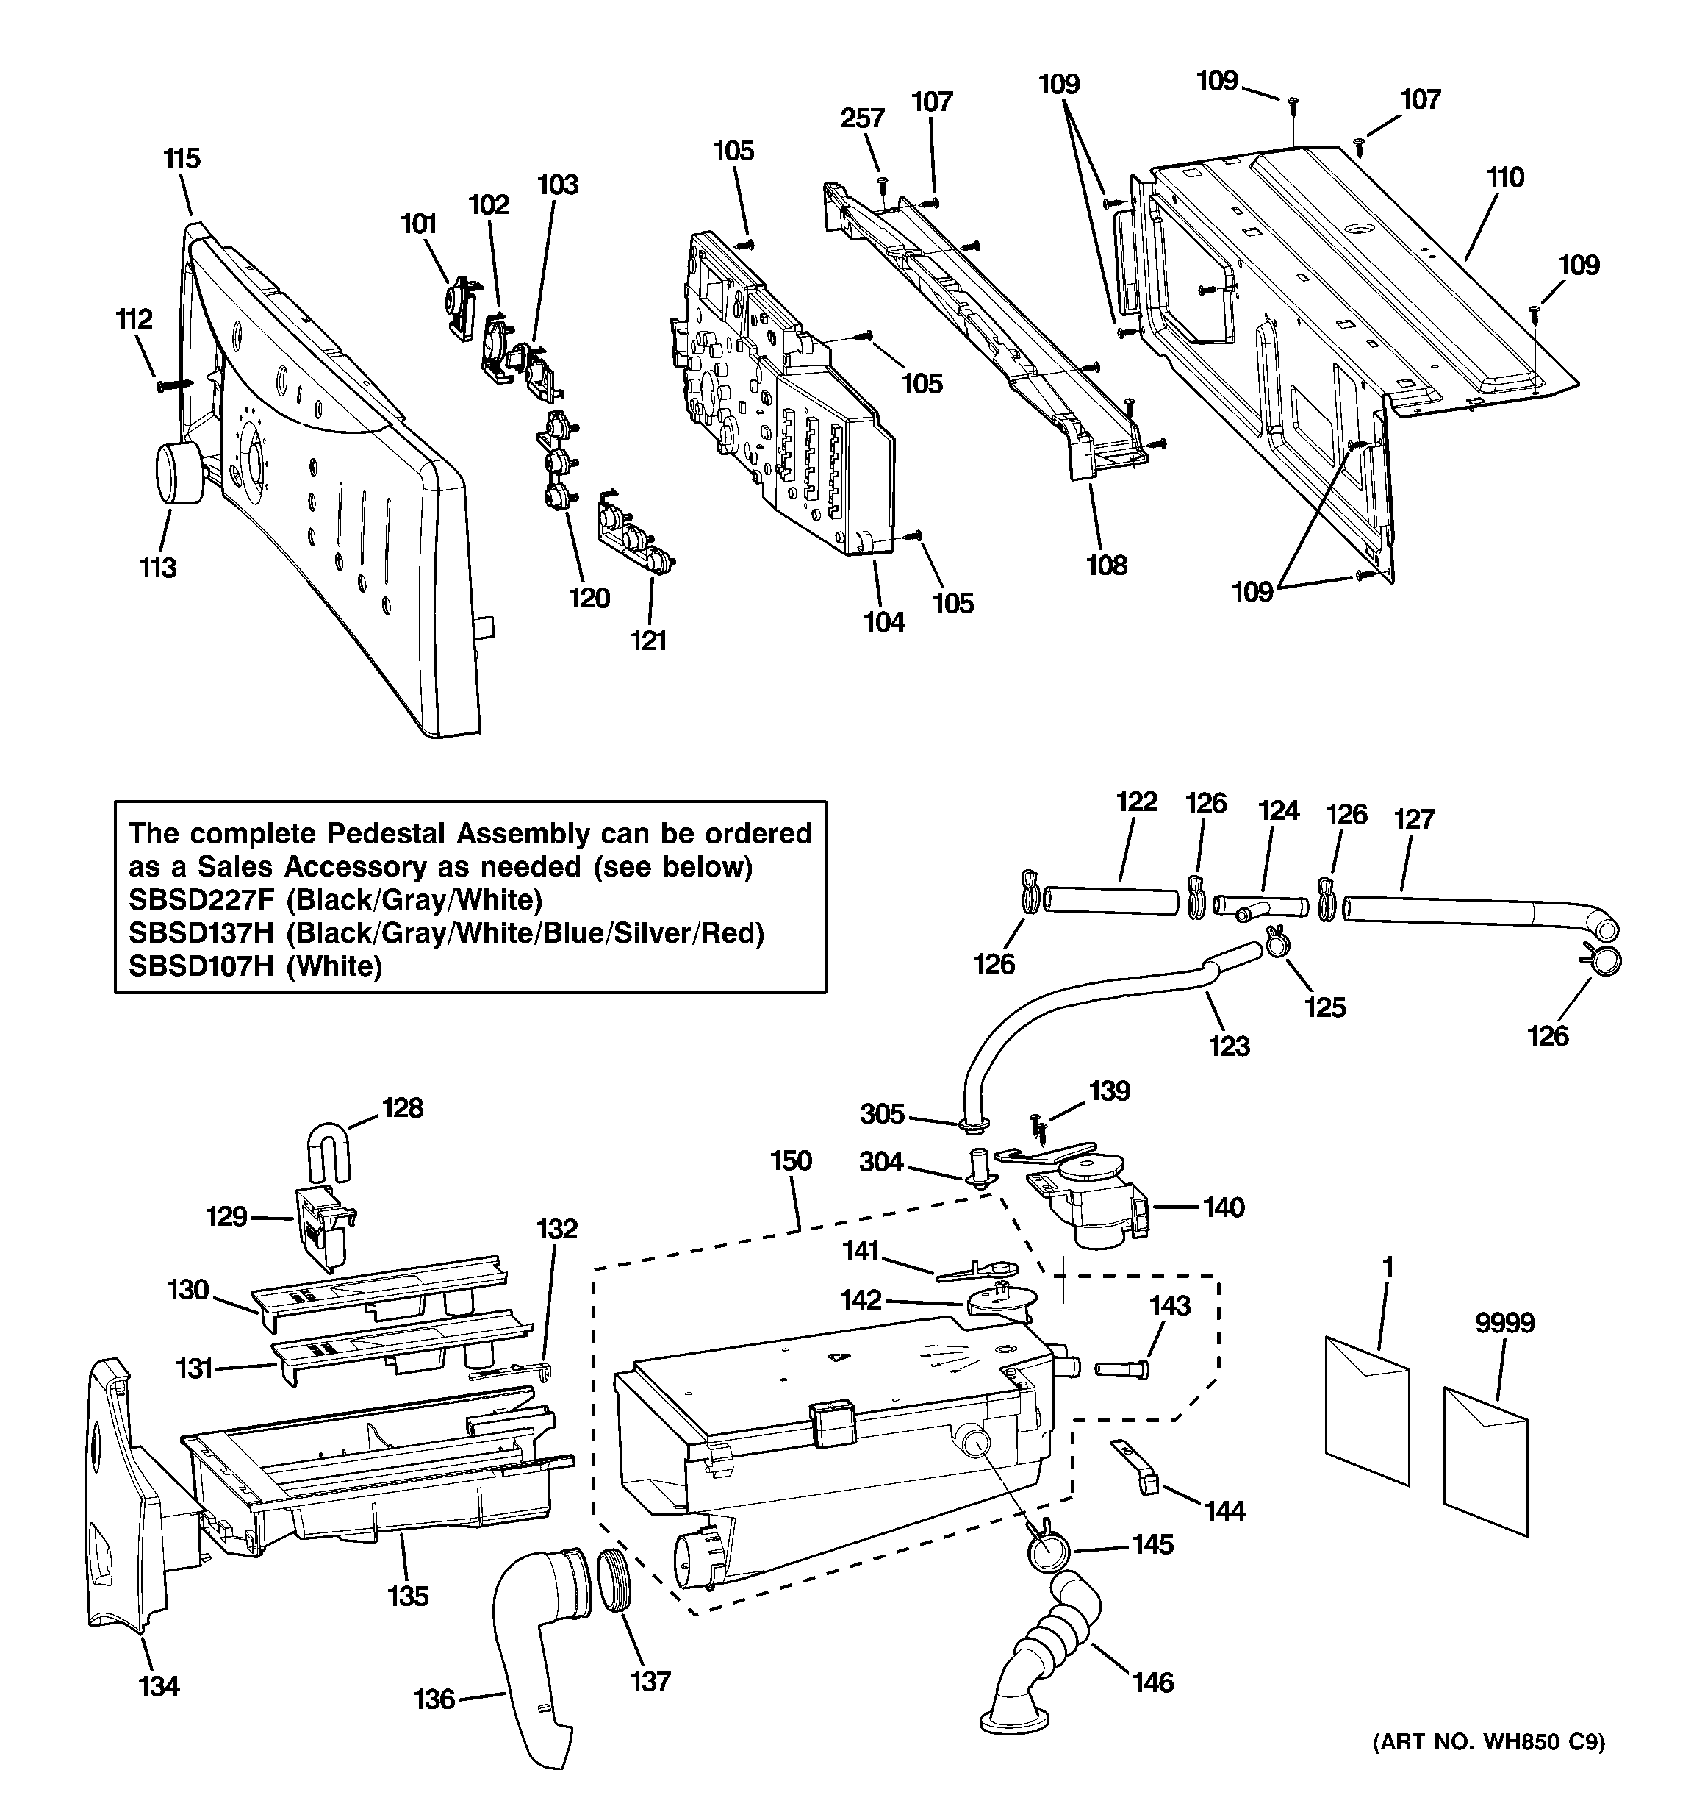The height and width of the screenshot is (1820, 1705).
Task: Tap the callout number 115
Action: coord(182,158)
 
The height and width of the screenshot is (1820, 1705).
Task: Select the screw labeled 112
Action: coord(174,385)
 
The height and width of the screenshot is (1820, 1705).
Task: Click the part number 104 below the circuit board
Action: coord(884,623)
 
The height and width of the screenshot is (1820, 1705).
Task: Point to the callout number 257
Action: coord(863,118)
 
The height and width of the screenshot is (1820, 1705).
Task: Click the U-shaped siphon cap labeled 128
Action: coord(329,1152)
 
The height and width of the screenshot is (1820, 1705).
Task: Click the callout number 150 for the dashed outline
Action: coord(791,1161)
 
